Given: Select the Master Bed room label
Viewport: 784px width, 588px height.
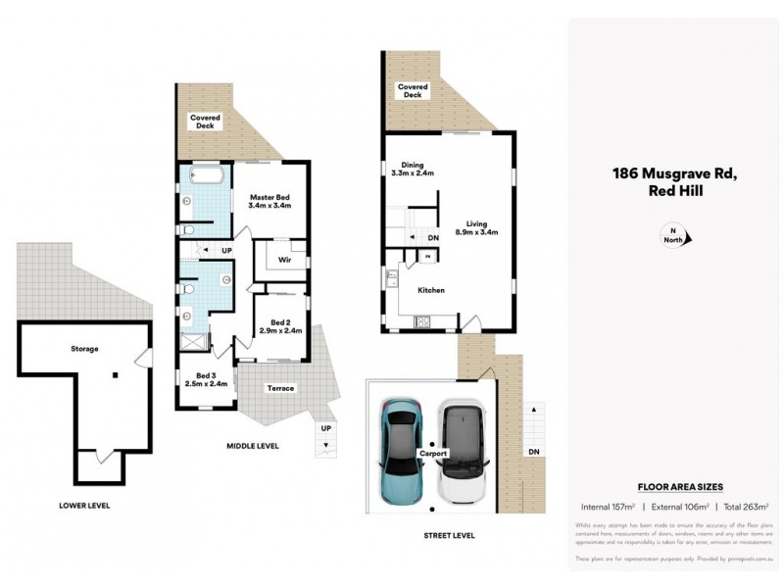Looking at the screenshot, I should tap(269, 202).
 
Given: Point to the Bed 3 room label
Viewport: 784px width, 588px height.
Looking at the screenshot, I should tap(206, 379).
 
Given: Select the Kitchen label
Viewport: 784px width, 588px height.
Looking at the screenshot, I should tap(431, 290).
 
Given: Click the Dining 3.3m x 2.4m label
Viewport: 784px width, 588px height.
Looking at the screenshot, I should tap(412, 169).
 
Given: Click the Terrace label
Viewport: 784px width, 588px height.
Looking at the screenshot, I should tap(281, 389).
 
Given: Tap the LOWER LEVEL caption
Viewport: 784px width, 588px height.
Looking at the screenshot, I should tap(83, 506).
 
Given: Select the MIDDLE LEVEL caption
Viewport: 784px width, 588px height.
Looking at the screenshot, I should tap(251, 446).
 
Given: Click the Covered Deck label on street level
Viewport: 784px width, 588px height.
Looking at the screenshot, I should tap(412, 91).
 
